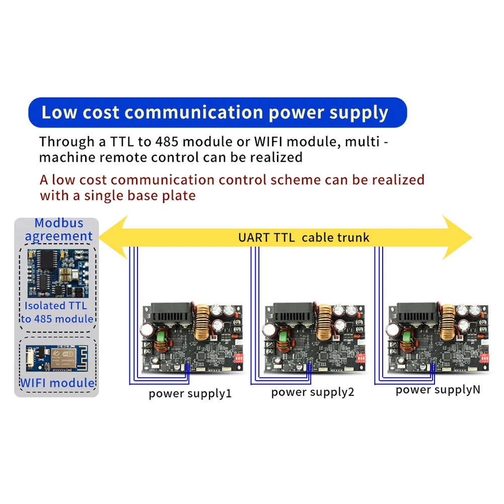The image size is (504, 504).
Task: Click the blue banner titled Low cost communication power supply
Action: click(218, 112)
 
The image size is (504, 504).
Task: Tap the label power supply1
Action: click(190, 394)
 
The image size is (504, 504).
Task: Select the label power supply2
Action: click(313, 392)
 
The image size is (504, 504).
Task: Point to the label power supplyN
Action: click(438, 390)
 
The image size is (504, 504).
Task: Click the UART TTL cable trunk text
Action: click(304, 238)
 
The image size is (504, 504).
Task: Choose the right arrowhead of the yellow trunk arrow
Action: click(457, 238)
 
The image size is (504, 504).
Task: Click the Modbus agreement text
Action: click(59, 230)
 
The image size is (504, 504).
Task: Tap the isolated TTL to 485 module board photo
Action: click(58, 273)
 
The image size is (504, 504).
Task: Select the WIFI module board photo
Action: click(57, 358)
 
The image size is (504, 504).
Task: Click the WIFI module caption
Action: click(57, 383)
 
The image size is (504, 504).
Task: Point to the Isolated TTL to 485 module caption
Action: click(57, 312)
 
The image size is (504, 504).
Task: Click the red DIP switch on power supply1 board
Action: click(239, 358)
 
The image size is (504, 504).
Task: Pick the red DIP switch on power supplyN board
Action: click(484, 358)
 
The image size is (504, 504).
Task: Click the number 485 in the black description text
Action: click(167, 142)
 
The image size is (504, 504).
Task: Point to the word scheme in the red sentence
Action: click(296, 180)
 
